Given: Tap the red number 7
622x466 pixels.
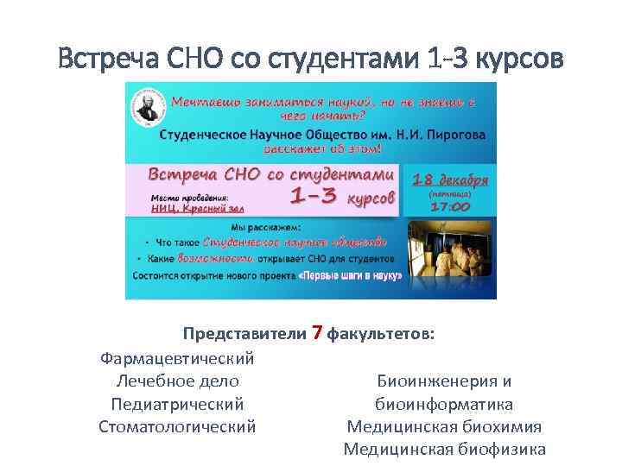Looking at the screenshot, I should click(317, 332).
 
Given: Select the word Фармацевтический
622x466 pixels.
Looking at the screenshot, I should click(177, 357).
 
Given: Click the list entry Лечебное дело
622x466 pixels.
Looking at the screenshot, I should click(177, 381).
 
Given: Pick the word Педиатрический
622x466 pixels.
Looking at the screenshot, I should click(177, 404).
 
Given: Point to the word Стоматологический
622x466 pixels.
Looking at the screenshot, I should click(177, 426).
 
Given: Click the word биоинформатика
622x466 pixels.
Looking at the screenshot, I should click(444, 404).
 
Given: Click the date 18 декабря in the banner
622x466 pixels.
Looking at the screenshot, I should click(450, 180).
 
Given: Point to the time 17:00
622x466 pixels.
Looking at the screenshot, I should click(450, 206).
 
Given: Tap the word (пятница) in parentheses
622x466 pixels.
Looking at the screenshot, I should click(450, 194).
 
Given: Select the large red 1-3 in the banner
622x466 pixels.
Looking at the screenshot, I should click(314, 197).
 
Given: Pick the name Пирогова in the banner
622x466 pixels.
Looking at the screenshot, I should click(452, 135).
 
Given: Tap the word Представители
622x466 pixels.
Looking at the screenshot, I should click(244, 333).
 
